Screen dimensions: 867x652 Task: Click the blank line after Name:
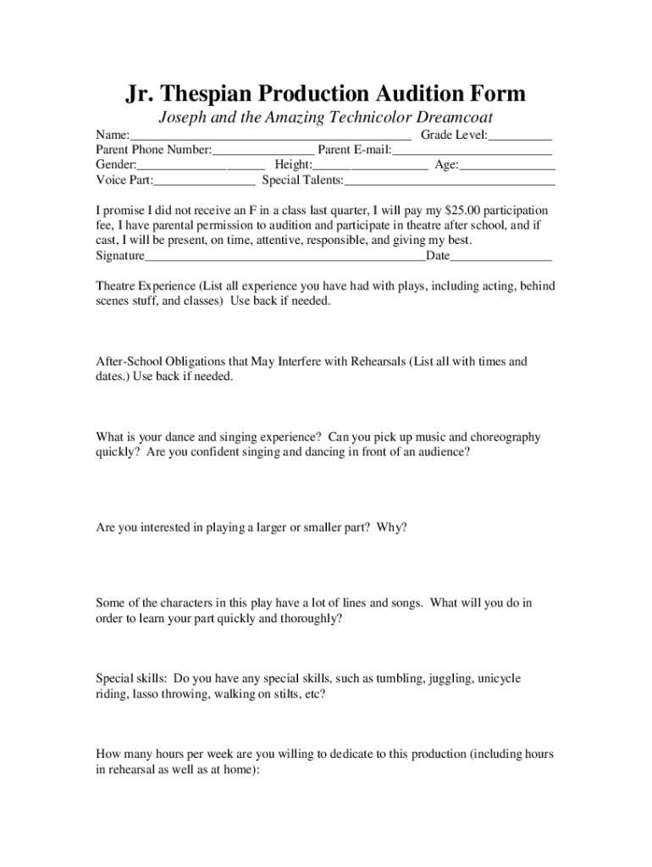[270, 135]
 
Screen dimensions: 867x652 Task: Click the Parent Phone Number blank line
[262, 151]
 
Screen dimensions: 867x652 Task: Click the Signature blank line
[285, 257]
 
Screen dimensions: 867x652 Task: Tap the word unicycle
[500, 679]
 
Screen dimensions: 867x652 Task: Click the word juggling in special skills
[451, 679]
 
